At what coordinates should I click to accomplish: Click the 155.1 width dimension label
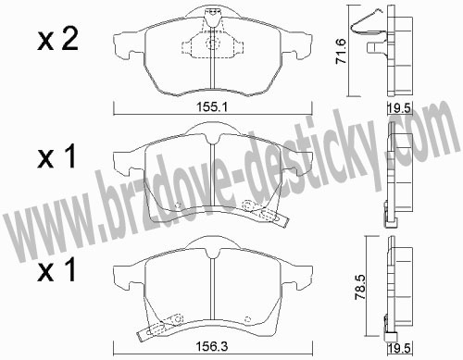click(212, 107)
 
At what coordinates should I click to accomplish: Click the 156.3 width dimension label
click(212, 347)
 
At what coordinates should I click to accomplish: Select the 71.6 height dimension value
click(342, 51)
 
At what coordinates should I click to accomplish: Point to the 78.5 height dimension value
click(360, 288)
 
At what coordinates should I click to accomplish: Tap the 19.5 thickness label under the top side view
click(399, 108)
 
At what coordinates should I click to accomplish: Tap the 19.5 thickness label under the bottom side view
click(399, 349)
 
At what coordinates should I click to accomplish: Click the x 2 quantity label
click(57, 40)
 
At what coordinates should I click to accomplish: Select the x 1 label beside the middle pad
click(56, 157)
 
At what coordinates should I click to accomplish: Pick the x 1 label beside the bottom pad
click(56, 270)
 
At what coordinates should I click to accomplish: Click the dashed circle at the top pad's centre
click(212, 43)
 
